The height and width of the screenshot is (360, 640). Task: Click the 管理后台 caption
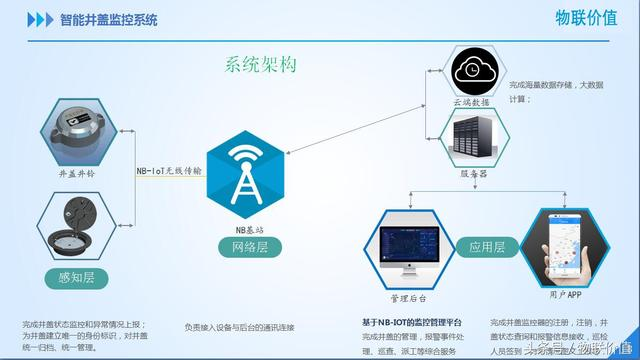pos(408,299)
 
